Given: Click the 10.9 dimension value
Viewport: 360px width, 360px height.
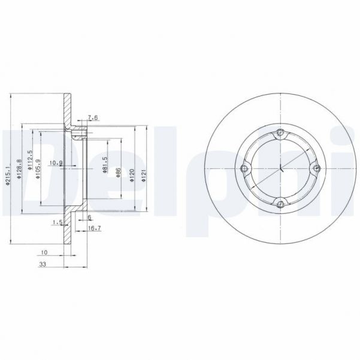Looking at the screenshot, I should (x=56, y=163).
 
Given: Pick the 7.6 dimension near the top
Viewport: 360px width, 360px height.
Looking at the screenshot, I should (x=92, y=117).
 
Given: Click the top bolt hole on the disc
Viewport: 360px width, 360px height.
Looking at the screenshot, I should (x=280, y=132).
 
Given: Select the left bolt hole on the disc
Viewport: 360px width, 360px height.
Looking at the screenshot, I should (x=243, y=169).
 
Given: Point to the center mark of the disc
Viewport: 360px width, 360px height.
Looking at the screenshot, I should (x=280, y=169).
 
